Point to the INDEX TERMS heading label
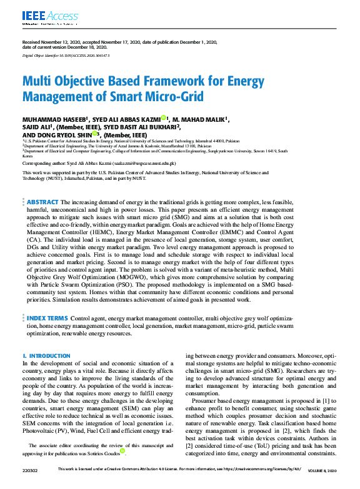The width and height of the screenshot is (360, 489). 47,319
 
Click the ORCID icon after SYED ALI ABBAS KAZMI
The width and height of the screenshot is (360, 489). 164,117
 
